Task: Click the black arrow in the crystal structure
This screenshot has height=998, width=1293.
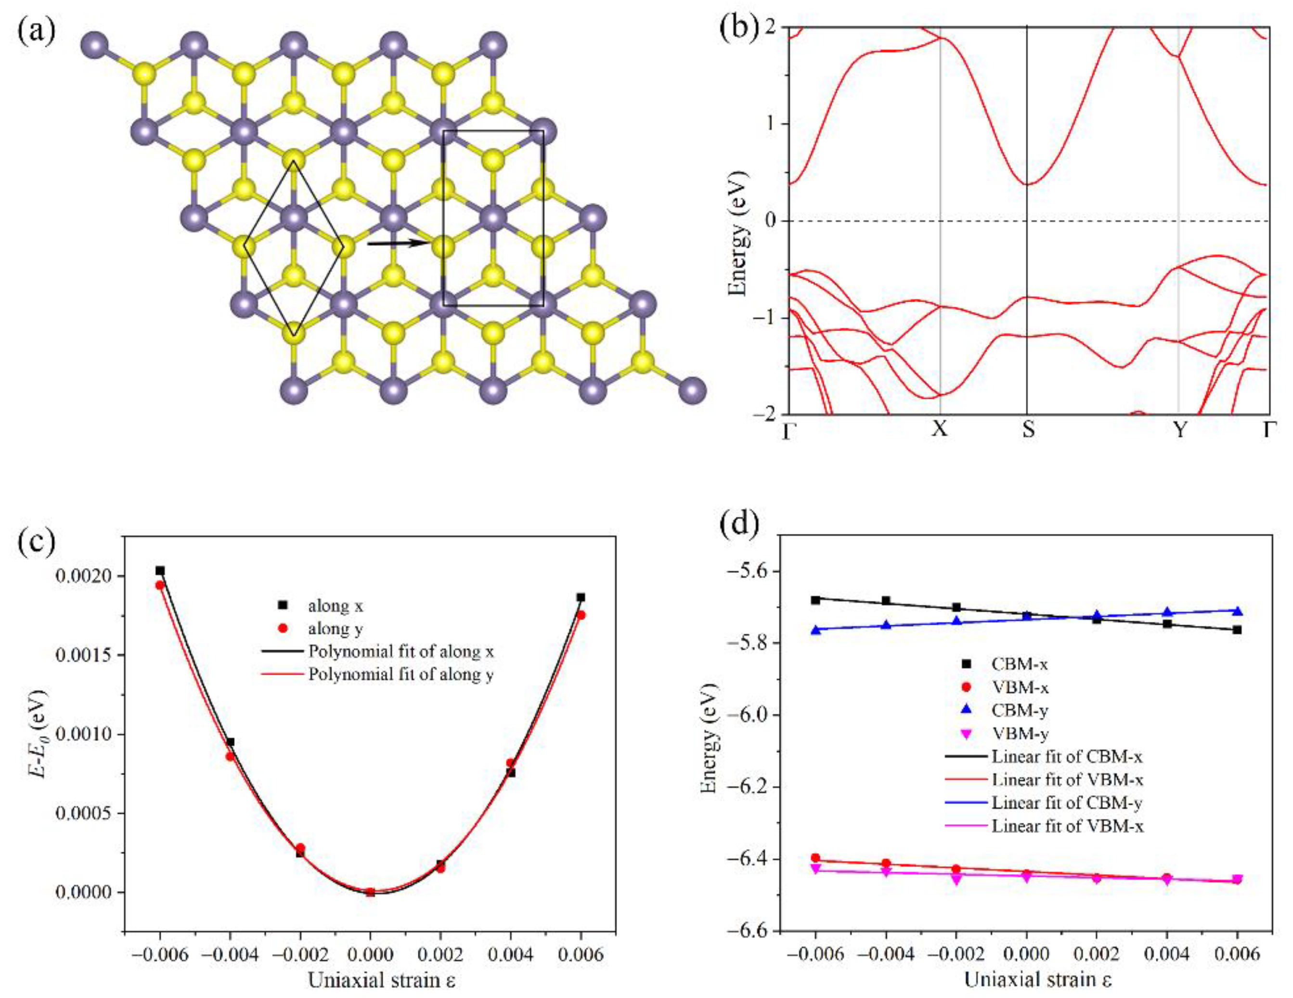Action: [x=397, y=243]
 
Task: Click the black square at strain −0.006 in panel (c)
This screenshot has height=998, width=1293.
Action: [x=160, y=570]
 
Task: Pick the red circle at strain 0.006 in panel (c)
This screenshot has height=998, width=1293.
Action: [x=582, y=615]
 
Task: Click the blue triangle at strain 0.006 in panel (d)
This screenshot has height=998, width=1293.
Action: [x=1237, y=611]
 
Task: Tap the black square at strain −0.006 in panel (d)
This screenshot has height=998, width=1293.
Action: [x=815, y=600]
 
